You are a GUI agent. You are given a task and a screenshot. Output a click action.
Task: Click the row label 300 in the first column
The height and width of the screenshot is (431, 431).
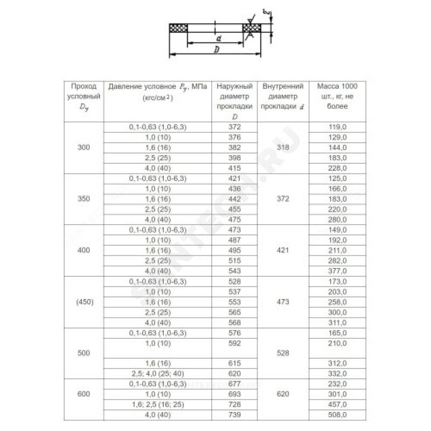click(83, 147)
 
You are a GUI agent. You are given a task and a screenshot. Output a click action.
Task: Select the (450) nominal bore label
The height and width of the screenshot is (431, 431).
click(83, 302)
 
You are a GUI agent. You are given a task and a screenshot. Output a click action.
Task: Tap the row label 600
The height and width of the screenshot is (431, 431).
click(83, 394)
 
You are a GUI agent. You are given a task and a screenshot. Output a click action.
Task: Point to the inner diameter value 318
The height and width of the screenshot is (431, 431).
click(283, 147)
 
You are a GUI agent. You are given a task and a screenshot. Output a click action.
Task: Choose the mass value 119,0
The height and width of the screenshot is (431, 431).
click(337, 127)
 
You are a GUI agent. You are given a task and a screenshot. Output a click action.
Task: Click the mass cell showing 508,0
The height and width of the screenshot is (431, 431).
click(337, 415)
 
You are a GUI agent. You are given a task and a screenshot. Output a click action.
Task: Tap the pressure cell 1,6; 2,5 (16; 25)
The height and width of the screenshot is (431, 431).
click(157, 404)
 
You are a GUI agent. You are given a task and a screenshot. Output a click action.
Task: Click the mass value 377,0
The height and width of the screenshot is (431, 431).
click(337, 270)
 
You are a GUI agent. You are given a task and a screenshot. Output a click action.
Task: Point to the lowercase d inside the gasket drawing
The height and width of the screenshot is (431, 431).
click(219, 39)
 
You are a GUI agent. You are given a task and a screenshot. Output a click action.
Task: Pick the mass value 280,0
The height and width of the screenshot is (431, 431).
click(337, 219)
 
